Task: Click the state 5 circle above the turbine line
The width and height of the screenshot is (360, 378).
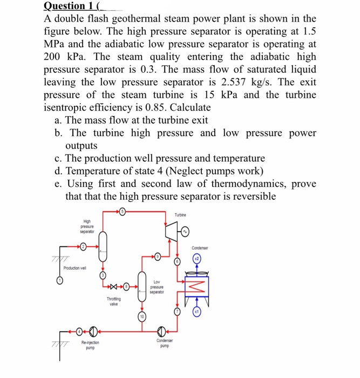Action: pos(123,212)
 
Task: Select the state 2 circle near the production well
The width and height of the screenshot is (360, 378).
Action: pos(83,247)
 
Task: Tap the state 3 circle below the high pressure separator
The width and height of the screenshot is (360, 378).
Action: pos(104,276)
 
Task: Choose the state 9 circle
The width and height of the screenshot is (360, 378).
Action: pos(158,256)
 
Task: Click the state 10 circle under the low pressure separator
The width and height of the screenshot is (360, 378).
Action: pos(142,317)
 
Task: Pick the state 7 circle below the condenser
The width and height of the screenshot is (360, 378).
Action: pos(176,312)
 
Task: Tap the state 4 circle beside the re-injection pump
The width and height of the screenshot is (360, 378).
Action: pos(80,330)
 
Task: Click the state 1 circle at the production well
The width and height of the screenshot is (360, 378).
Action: pos(60,281)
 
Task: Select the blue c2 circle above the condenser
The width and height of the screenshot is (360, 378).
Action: pos(197,260)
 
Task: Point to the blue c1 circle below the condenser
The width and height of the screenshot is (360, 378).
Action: pos(196,313)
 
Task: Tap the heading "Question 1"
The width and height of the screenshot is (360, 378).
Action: pos(66,6)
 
